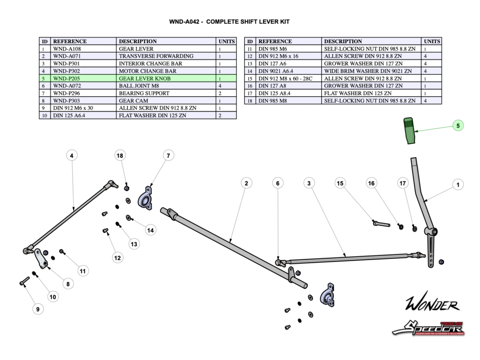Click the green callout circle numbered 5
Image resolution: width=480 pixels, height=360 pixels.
point(458,125)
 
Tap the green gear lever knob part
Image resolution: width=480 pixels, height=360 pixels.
point(409,131)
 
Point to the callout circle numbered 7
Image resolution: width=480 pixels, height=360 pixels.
point(168,155)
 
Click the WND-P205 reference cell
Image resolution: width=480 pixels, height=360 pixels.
point(83,78)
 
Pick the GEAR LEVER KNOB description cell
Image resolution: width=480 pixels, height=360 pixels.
point(166,78)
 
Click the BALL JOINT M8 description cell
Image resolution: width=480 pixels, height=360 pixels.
point(166,86)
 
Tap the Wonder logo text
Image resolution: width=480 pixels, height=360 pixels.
point(432,305)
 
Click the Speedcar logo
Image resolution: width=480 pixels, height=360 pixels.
point(427,327)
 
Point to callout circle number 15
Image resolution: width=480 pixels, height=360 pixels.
point(340,183)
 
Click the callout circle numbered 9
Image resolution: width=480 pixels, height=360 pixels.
point(37,309)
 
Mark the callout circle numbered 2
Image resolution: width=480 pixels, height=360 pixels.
point(246,183)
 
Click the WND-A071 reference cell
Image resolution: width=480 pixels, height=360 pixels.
point(83,56)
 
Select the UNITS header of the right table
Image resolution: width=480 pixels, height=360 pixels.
point(431,41)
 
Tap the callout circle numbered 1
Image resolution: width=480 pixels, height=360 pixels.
point(458,185)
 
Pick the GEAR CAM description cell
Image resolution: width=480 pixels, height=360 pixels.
point(166,100)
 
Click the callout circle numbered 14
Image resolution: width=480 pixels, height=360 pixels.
point(150,230)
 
